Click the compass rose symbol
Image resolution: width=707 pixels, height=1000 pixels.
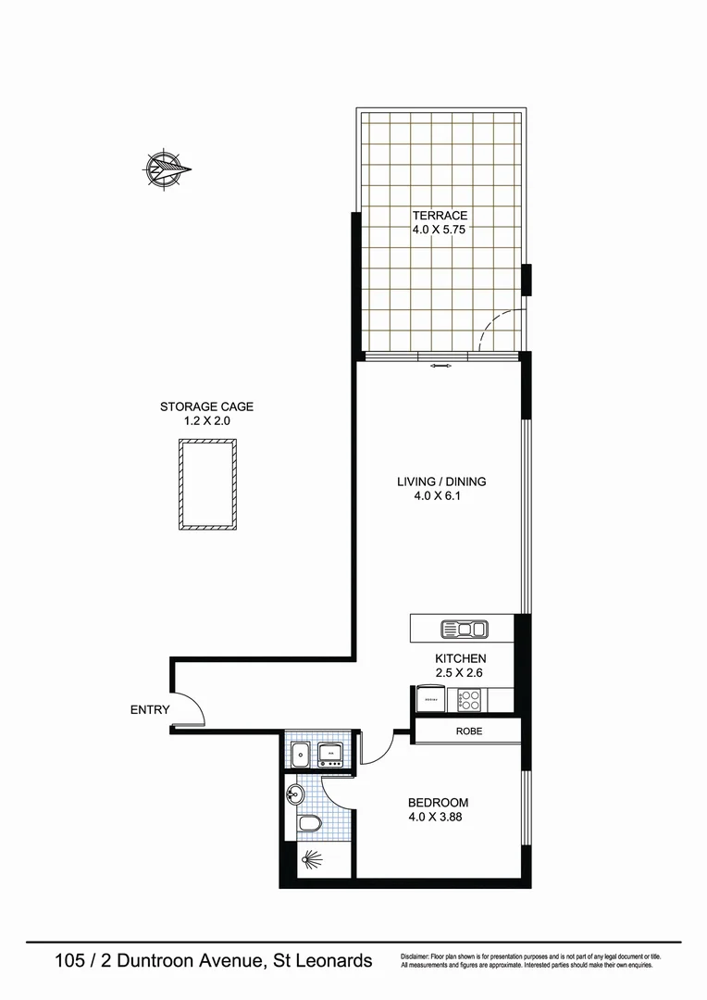[x=167, y=169]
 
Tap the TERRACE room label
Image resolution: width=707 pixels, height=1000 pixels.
[x=440, y=216]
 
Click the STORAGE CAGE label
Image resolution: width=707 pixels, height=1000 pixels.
[x=206, y=406]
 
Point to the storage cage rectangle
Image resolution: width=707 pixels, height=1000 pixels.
[x=206, y=484]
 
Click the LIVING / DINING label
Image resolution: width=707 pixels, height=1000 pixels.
[x=441, y=481]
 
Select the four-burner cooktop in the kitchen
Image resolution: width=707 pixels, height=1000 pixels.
[x=469, y=699]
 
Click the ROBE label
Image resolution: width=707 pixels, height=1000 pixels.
[x=468, y=731]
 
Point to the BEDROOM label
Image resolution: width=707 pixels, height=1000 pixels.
[x=438, y=803]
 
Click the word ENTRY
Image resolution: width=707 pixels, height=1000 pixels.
[x=150, y=710]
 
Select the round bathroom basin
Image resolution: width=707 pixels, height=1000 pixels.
[x=295, y=794]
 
